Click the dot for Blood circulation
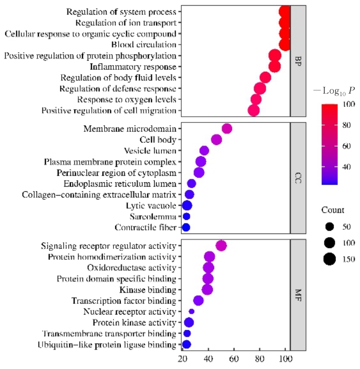click(x=285, y=45)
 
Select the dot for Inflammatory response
click(x=275, y=67)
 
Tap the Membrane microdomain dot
click(x=227, y=129)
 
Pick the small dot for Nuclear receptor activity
click(x=191, y=311)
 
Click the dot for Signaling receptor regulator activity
click(x=221, y=246)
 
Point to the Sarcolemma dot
click(x=186, y=217)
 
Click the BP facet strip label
click(x=298, y=61)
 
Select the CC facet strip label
click(x=298, y=178)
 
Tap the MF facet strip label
click(x=298, y=295)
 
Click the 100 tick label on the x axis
click(x=285, y=360)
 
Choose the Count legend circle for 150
click(x=330, y=259)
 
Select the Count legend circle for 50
click(x=330, y=227)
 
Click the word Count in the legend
click(x=333, y=210)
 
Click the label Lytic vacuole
click(x=151, y=206)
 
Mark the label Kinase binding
click(x=148, y=290)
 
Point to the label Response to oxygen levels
click(x=127, y=99)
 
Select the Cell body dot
click(x=217, y=140)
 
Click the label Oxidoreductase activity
click(x=132, y=268)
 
